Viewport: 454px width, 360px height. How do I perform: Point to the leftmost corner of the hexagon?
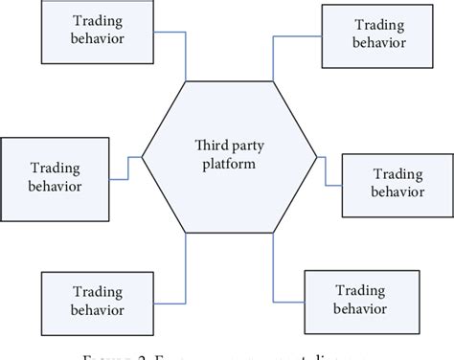point(143,155)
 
